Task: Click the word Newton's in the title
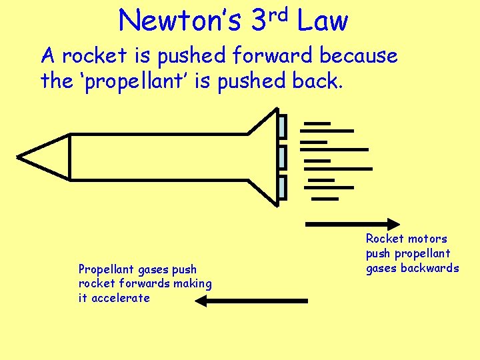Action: pyautogui.click(x=180, y=21)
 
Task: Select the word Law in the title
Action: pyautogui.click(x=323, y=21)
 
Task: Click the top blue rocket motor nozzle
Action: pyautogui.click(x=282, y=127)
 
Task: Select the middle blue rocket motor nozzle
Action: pyautogui.click(x=282, y=157)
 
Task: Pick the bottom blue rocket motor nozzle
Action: pyautogui.click(x=282, y=188)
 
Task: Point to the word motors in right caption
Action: pyautogui.click(x=427, y=239)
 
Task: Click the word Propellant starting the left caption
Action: pyautogui.click(x=105, y=269)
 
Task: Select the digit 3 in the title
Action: pyautogui.click(x=259, y=21)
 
